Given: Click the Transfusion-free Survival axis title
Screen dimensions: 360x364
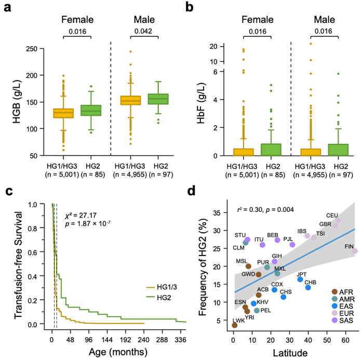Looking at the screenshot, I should (11, 265).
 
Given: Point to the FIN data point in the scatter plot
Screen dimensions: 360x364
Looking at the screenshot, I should (355, 251).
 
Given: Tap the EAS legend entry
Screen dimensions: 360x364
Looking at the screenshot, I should (345, 306).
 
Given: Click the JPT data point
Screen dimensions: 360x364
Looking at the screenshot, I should (300, 279).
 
